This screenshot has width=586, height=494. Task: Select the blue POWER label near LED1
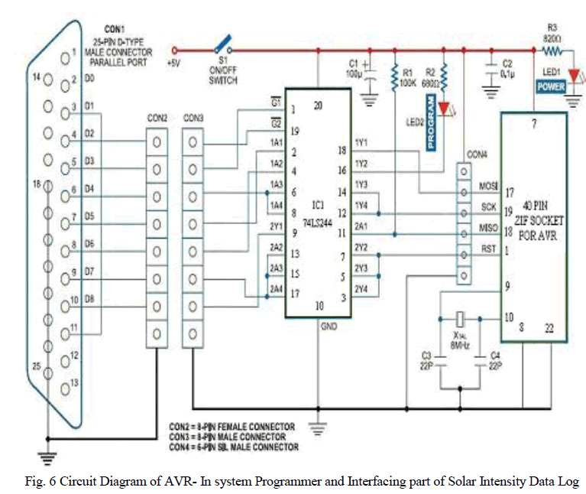click(551, 86)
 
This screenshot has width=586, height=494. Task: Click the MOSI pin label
click(487, 186)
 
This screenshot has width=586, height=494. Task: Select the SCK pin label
click(487, 207)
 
